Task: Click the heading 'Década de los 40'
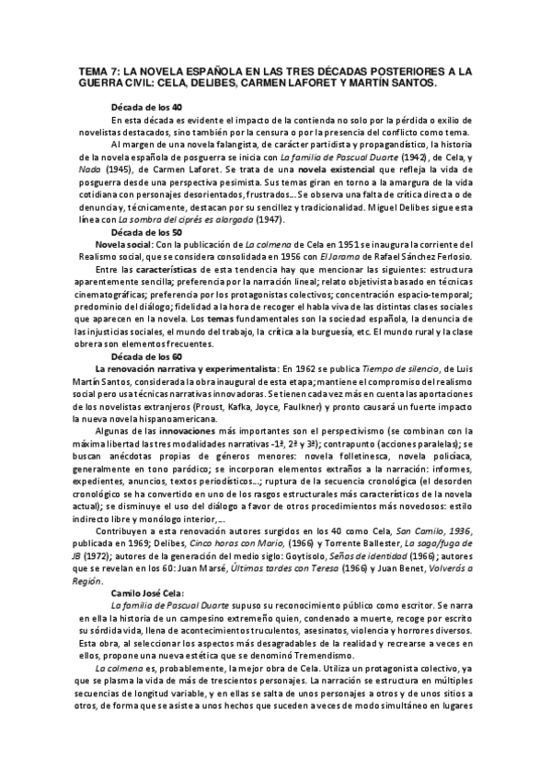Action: pos(145,107)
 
